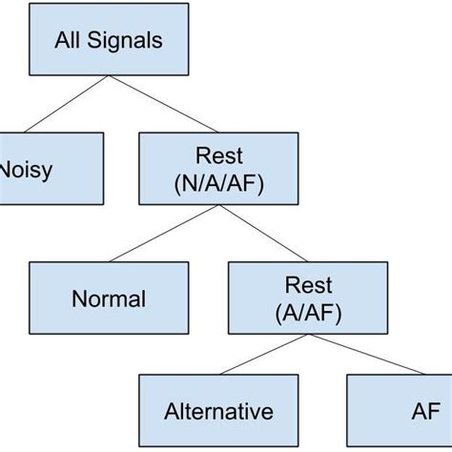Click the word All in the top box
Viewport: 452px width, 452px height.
[71, 41]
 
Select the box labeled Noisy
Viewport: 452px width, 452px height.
[48, 169]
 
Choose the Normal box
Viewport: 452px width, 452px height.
[109, 298]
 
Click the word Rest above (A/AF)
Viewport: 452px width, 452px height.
[308, 285]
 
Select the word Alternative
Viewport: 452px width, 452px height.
[218, 412]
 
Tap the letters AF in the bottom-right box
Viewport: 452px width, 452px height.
[425, 412]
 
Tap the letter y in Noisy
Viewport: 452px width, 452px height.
[46, 172]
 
